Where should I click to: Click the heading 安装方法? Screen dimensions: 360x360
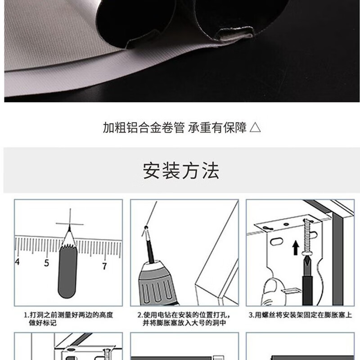[181, 171]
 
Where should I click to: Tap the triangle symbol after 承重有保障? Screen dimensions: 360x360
[255, 128]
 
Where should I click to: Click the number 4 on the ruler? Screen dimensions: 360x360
[17, 261]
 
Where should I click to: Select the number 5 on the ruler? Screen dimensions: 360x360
[47, 263]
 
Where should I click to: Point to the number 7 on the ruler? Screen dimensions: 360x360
[104, 266]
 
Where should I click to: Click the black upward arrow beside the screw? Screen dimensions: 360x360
[296, 247]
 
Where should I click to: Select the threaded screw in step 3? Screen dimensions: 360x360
[307, 237]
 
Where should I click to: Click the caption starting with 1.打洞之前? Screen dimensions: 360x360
[68, 319]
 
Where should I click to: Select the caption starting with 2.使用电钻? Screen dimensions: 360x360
[184, 319]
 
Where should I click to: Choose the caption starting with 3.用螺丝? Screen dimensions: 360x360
[300, 315]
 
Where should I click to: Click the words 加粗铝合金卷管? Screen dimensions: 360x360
[144, 128]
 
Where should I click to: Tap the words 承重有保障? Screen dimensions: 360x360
[217, 128]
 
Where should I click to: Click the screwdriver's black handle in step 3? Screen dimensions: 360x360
[307, 290]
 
